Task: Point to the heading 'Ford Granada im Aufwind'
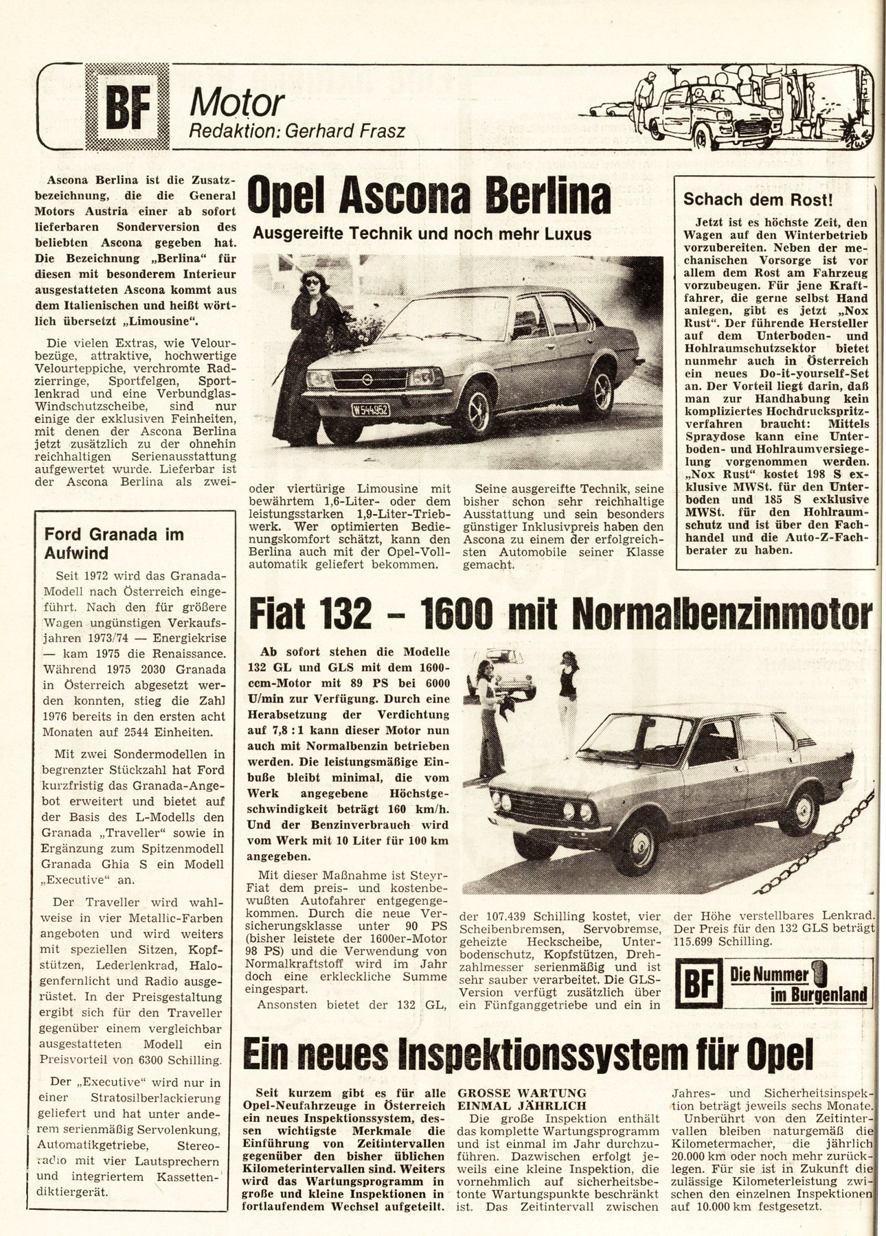114,543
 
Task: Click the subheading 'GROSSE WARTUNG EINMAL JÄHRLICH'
522,1099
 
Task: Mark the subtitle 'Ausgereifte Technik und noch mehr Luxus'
422,234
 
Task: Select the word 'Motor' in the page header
238,103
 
